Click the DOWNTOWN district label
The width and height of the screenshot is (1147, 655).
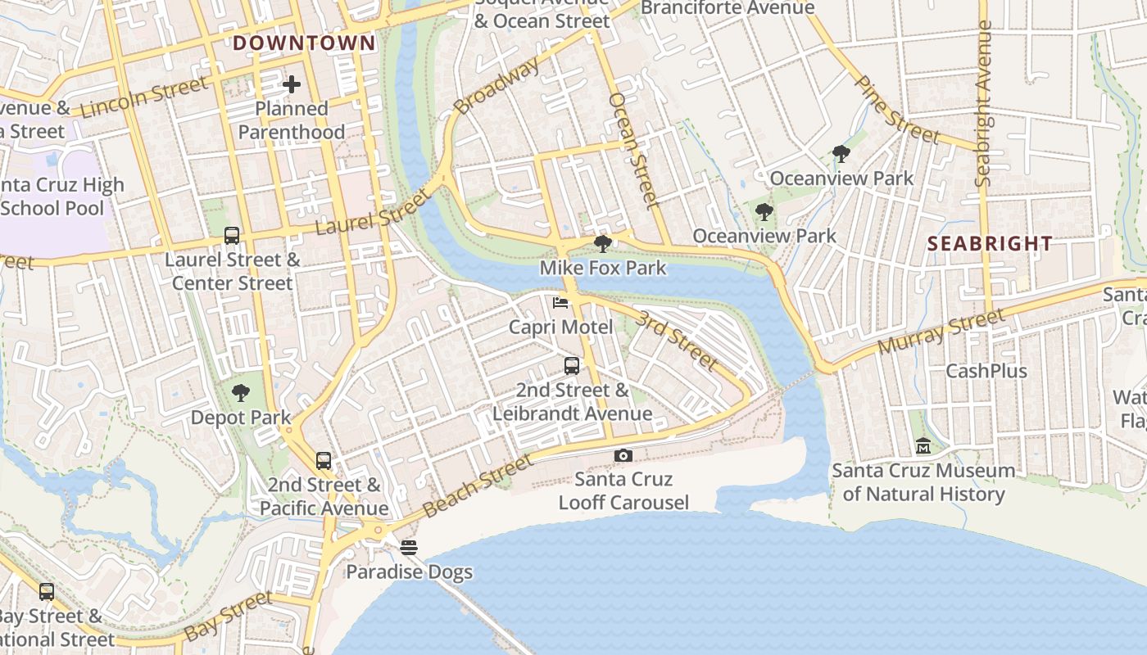pyautogui.click(x=305, y=43)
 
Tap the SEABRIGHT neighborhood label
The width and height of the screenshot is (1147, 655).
pyautogui.click(x=990, y=243)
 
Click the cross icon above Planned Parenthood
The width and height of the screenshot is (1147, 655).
pyautogui.click(x=292, y=84)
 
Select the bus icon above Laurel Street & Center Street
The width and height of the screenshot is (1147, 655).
pyautogui.click(x=232, y=236)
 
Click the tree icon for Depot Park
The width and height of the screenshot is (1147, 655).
pyautogui.click(x=240, y=393)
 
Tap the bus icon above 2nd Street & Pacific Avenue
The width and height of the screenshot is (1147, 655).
pyautogui.click(x=324, y=461)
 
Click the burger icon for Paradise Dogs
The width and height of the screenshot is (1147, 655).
pyautogui.click(x=409, y=547)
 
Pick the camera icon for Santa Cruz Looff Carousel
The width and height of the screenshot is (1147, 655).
pyautogui.click(x=623, y=455)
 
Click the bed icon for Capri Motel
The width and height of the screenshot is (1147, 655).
pyautogui.click(x=560, y=303)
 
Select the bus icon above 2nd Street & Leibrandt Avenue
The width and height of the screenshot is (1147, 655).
pyautogui.click(x=572, y=366)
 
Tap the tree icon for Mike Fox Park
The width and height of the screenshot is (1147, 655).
pyautogui.click(x=603, y=243)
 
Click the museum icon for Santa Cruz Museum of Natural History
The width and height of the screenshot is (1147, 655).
pyautogui.click(x=923, y=446)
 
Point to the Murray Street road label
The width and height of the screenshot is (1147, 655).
pyautogui.click(x=941, y=331)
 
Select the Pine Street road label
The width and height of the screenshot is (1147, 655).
pyautogui.click(x=896, y=110)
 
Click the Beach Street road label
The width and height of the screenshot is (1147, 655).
pyautogui.click(x=477, y=487)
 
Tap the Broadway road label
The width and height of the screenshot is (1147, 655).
pyautogui.click(x=496, y=86)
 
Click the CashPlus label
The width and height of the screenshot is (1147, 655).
pyautogui.click(x=986, y=371)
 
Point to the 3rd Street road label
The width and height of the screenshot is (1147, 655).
pyautogui.click(x=678, y=339)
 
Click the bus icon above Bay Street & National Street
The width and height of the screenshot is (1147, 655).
pyautogui.click(x=47, y=591)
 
